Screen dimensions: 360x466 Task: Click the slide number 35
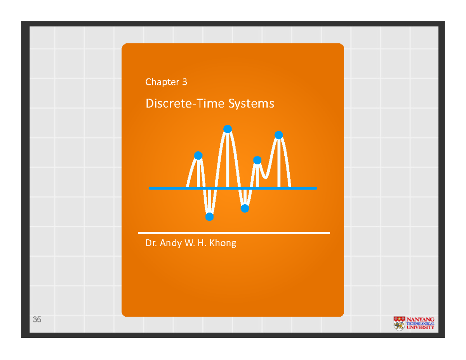(x=37, y=320)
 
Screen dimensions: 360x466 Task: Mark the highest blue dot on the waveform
(x=228, y=129)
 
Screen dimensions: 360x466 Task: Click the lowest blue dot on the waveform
(x=209, y=217)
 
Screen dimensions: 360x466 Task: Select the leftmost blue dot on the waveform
(x=198, y=155)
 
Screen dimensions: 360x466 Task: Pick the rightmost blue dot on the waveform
(x=278, y=135)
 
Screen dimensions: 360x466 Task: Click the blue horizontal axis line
(x=303, y=188)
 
